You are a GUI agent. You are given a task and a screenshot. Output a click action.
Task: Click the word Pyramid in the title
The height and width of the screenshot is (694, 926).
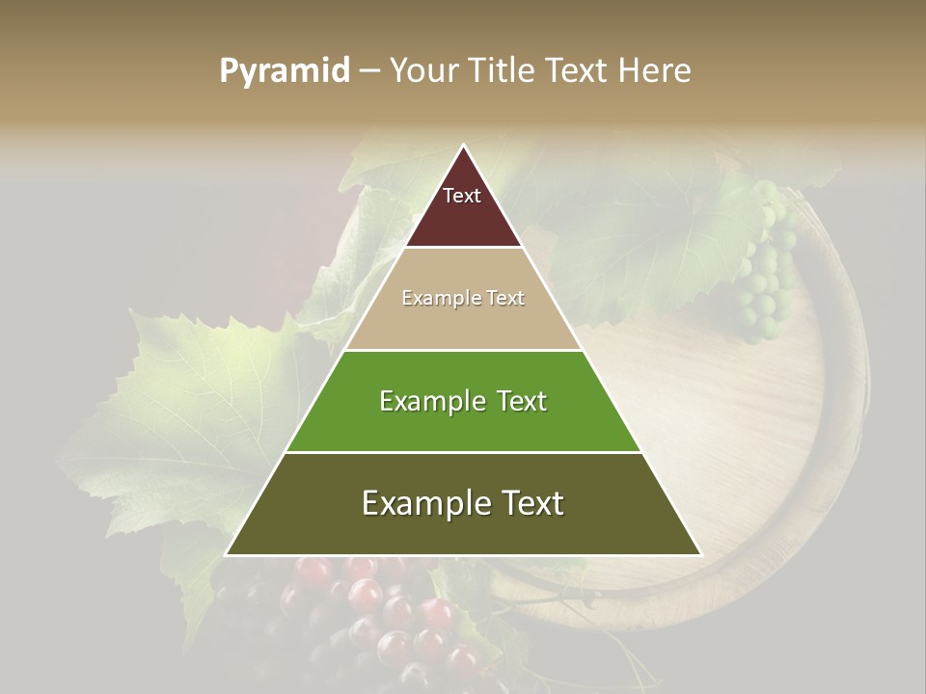click(x=284, y=71)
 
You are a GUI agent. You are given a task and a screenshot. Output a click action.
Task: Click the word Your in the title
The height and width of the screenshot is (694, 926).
click(x=422, y=71)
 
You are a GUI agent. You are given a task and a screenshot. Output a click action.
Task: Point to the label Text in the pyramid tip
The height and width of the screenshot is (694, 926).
click(x=462, y=196)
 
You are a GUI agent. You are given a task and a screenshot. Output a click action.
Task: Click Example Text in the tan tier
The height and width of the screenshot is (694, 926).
click(x=463, y=298)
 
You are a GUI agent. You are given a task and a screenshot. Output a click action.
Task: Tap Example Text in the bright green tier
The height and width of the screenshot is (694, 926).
click(x=463, y=401)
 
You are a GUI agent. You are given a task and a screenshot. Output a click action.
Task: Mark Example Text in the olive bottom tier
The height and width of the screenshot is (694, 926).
click(x=463, y=503)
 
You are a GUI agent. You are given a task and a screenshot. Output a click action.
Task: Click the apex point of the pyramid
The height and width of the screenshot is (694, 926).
click(x=463, y=147)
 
